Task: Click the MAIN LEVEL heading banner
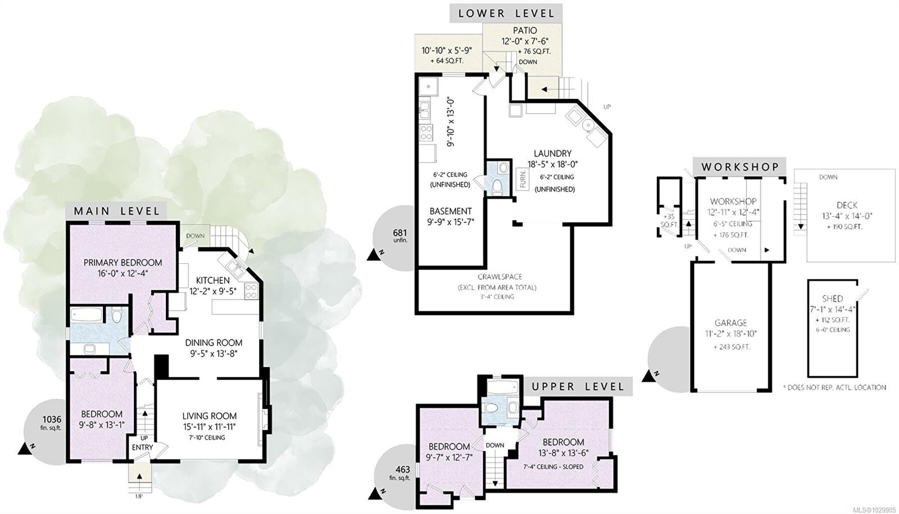tap(116, 211)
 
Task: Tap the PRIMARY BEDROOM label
tap(123, 263)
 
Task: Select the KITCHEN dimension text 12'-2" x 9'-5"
tap(213, 291)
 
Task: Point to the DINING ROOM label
tap(214, 342)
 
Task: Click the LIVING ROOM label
tap(210, 416)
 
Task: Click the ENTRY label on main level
tap(143, 447)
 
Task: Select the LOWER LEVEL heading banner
tap(506, 13)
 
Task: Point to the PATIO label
tap(525, 30)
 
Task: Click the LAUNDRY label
tap(553, 154)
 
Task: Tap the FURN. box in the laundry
tap(523, 179)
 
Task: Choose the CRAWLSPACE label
tap(500, 277)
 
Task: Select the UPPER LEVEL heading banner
tap(578, 386)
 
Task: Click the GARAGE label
tap(730, 323)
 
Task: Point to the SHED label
tap(832, 299)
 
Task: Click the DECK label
tap(847, 205)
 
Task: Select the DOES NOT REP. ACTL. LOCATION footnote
tap(835, 387)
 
